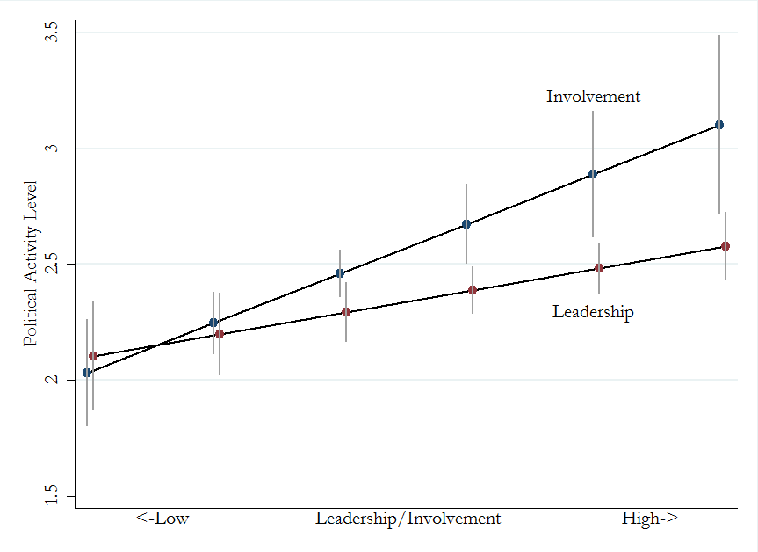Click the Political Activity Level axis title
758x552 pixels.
pos(31,263)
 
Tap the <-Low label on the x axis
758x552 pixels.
pos(162,519)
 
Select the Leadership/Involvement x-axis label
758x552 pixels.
pos(408,519)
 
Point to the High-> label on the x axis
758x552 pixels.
pos(649,519)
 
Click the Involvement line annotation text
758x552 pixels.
pos(593,97)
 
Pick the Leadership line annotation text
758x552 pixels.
pos(593,312)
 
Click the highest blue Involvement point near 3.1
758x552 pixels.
pos(719,125)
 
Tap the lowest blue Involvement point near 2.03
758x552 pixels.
pos(87,373)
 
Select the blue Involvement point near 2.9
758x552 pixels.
pos(593,174)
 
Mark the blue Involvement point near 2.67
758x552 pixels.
pos(466,224)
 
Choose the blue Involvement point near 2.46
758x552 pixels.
pos(340,273)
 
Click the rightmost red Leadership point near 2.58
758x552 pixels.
pos(726,246)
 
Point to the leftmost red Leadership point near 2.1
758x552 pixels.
pos(93,356)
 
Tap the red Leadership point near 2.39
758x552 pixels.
pos(473,290)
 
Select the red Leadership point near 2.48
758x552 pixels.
pos(599,268)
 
